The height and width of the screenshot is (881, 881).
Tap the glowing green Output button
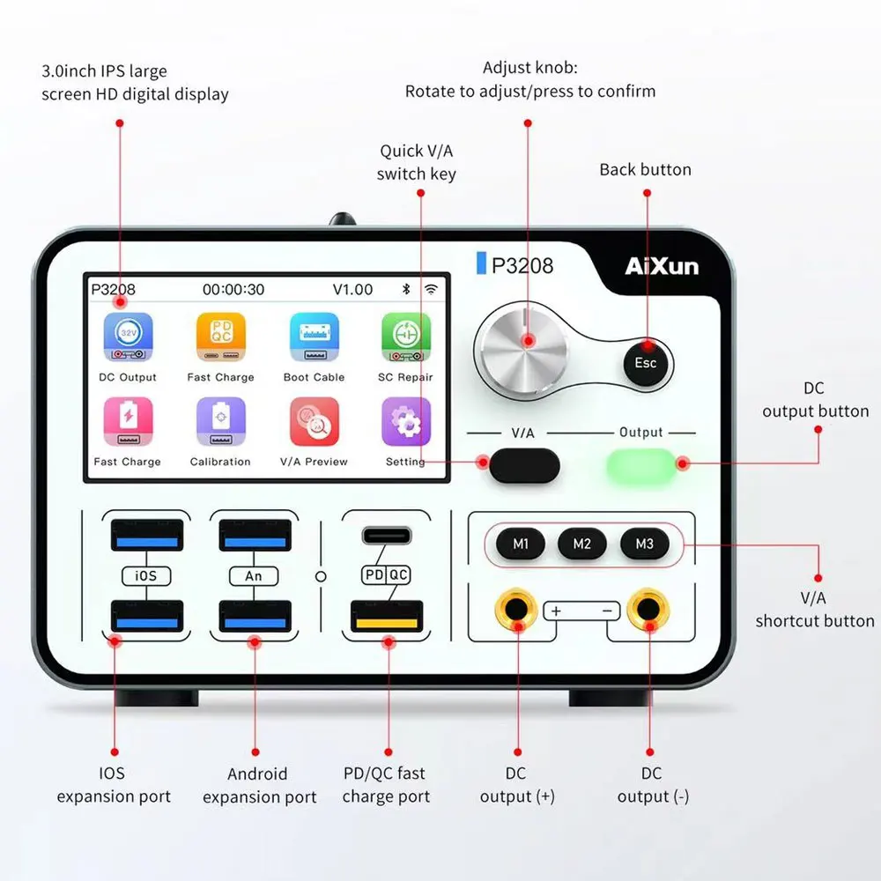pyautogui.click(x=641, y=464)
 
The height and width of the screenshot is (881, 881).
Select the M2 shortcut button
pyautogui.click(x=582, y=544)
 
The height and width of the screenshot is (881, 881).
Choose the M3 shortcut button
pyautogui.click(x=644, y=544)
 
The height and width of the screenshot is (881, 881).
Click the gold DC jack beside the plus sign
pyautogui.click(x=517, y=609)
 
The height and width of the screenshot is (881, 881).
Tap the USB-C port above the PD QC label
pyautogui.click(x=386, y=535)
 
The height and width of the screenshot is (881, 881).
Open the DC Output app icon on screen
pyautogui.click(x=128, y=337)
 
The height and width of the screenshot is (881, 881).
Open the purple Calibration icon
pyautogui.click(x=220, y=422)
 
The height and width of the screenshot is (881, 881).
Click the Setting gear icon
pyautogui.click(x=406, y=422)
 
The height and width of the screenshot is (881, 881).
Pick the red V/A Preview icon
pyautogui.click(x=315, y=422)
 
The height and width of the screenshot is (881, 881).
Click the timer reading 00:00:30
pyautogui.click(x=233, y=289)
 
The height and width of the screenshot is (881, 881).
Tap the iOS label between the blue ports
pyautogui.click(x=146, y=575)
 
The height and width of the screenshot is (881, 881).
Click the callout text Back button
pyautogui.click(x=645, y=169)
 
